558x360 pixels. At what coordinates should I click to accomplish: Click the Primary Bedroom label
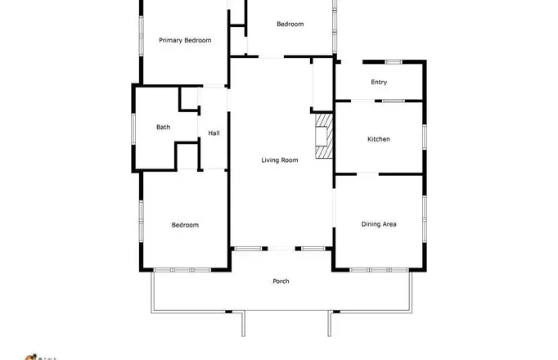185,40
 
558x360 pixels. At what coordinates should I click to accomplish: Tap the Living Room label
280,160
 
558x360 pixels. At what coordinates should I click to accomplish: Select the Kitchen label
379,139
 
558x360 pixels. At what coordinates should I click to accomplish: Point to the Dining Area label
379,224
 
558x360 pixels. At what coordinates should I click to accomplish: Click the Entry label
379,82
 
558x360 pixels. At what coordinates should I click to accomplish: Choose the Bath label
164,127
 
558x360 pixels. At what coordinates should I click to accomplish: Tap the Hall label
214,133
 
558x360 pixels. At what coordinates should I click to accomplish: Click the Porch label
281,281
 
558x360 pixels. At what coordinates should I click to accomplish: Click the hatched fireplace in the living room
324,136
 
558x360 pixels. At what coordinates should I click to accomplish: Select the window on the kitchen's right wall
424,137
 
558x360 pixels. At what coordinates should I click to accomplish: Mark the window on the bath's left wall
134,128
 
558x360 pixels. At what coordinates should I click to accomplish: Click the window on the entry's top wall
394,62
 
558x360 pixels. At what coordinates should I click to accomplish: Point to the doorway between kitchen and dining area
367,174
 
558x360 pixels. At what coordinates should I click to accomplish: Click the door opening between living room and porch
281,249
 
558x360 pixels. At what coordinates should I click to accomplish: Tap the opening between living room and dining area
334,208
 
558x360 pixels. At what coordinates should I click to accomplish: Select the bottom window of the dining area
379,270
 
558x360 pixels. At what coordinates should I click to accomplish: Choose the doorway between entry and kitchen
363,101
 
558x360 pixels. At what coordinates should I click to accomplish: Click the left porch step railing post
244,324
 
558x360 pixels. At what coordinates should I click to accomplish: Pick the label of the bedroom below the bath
185,225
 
